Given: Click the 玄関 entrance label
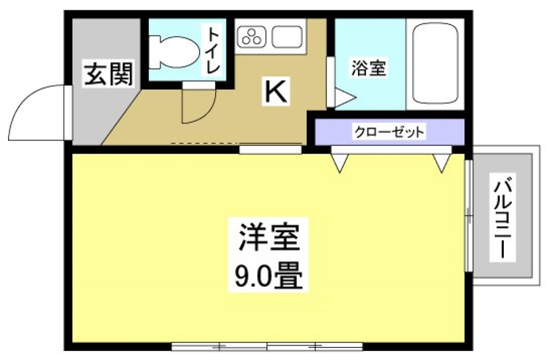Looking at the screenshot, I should click(x=109, y=74).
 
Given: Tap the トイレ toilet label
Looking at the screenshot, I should click(x=213, y=50).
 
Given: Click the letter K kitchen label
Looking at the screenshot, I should click(x=276, y=91).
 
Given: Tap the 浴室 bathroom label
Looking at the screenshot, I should click(x=369, y=69).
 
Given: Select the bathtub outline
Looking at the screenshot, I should click(x=436, y=63).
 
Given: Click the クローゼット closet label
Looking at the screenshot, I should click(x=389, y=133).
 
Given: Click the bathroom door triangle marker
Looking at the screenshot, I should click(x=344, y=98).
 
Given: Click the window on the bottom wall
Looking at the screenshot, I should click(x=267, y=346).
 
